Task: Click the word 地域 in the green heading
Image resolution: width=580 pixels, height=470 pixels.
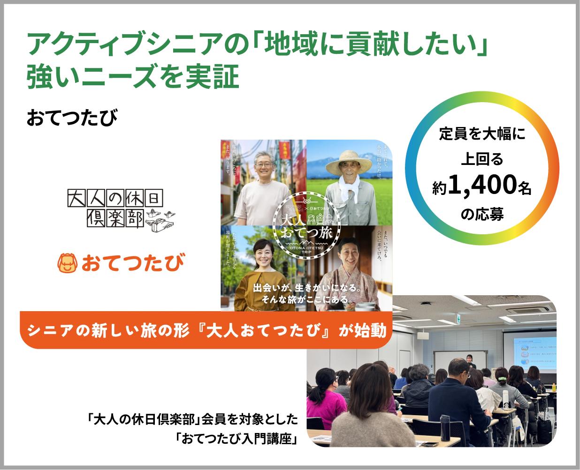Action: [x=292, y=45]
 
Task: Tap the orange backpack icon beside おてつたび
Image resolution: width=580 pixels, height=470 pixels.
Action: [x=67, y=263]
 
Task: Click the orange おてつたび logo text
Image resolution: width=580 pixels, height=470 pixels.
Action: [x=133, y=263]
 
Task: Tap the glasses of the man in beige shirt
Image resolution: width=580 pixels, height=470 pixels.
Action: [x=264, y=165]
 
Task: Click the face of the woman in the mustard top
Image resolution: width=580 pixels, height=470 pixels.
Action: [x=263, y=256]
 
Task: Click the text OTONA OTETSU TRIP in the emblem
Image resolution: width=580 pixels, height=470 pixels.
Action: [x=306, y=250]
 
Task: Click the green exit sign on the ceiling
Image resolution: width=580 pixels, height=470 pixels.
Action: [x=458, y=319]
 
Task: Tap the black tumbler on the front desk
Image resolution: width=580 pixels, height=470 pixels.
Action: [x=444, y=427]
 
